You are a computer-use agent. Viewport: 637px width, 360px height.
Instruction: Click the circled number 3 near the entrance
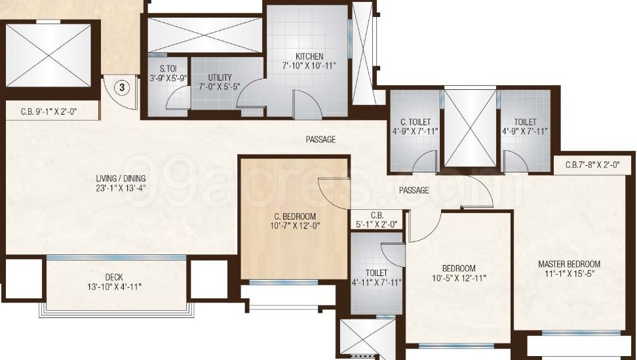pos(121,86)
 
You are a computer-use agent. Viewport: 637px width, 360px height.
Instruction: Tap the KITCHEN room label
pos(309,56)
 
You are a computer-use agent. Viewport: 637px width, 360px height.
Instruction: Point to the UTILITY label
pos(220,77)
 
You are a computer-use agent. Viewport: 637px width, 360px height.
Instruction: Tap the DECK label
pos(114,277)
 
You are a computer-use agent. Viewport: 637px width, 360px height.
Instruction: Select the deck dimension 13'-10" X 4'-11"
pos(114,287)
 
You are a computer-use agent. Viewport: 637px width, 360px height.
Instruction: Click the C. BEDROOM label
pos(295,216)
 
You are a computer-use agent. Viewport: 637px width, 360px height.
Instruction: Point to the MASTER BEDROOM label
pos(569,264)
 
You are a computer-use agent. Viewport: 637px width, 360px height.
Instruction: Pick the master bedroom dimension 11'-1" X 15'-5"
pos(569,274)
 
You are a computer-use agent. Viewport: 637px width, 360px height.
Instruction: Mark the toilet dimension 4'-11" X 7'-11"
pos(376,283)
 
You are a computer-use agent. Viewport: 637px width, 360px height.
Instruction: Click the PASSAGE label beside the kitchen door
pos(320,140)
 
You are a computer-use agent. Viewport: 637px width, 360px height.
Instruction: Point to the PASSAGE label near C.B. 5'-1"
pos(414,191)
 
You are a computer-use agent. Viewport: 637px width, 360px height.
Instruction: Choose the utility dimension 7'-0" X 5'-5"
pos(220,87)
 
